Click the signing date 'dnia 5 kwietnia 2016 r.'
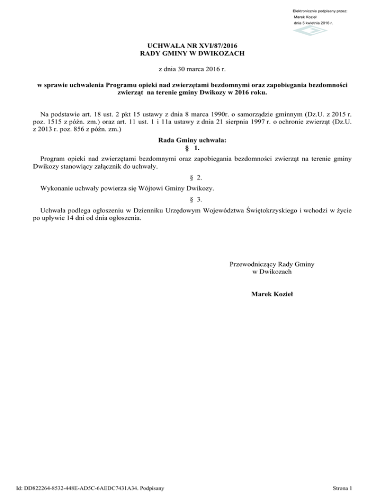[x=314, y=23]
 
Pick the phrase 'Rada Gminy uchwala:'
[x=192, y=142]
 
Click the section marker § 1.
[x=192, y=149]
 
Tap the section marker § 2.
[x=192, y=178]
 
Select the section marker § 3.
[x=192, y=199]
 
